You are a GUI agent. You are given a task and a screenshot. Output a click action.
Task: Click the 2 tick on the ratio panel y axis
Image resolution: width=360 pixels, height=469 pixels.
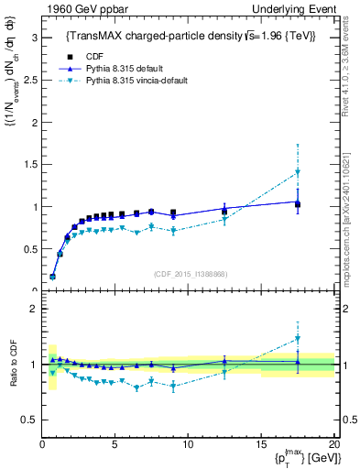(x=31, y=310)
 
